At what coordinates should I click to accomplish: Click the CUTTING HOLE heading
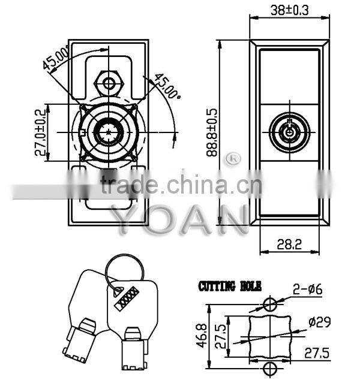230,287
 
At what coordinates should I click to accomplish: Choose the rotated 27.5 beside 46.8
221,337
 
